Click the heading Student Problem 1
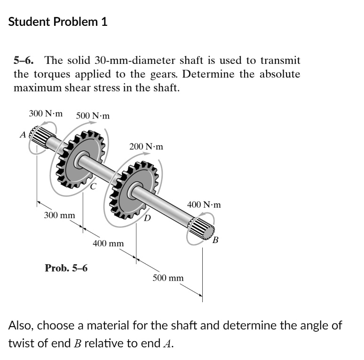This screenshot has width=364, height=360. coord(58,22)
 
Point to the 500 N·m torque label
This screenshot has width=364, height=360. coord(93,116)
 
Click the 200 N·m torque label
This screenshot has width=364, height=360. coord(146,147)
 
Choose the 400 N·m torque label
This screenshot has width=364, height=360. coord(204,205)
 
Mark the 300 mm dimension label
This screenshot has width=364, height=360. coord(59,215)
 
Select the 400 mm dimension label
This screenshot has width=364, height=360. coord(108,243)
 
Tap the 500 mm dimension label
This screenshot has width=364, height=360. coord(168,278)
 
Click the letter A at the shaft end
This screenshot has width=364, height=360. coord(22,135)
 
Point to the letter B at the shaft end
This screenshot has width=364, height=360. coord(215,242)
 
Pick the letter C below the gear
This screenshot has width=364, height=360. coord(93,187)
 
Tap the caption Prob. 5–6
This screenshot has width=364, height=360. coord(66,268)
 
